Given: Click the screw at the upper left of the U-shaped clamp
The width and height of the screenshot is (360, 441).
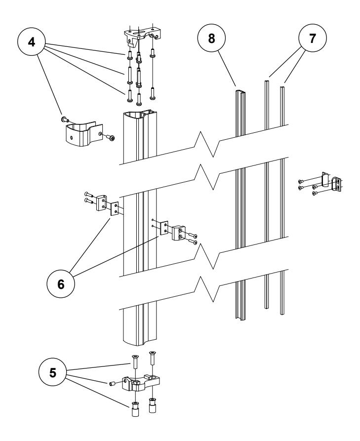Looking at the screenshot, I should (x=65, y=119).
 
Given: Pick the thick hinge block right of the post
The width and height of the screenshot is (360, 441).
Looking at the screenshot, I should (x=178, y=233).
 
